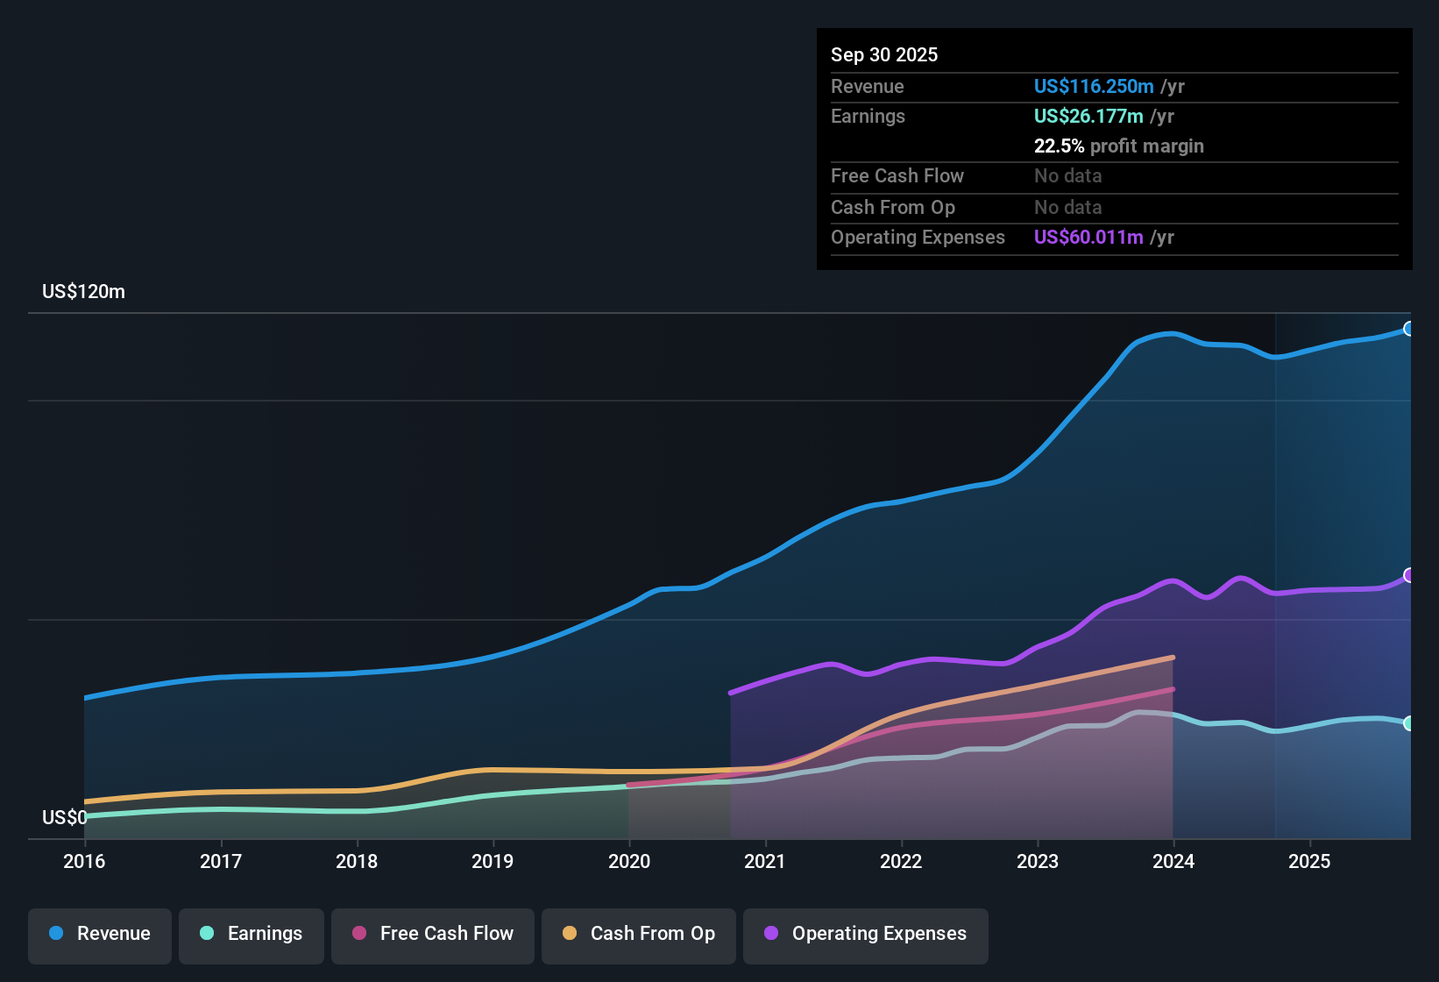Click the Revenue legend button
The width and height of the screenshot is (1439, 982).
100,934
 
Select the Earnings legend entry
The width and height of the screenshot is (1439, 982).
252,934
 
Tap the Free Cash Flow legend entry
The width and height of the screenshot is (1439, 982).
433,934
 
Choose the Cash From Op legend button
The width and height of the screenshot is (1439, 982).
639,934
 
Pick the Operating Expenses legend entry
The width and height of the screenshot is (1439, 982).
866,934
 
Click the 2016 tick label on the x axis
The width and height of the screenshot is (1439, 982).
84,862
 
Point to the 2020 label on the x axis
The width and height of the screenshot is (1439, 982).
629,862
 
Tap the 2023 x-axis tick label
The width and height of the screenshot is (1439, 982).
1038,862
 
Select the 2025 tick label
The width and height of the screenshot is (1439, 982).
1309,862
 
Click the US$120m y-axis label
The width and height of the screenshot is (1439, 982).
83,292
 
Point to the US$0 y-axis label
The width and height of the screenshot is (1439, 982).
64,818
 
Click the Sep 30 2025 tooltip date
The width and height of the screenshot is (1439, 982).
884,55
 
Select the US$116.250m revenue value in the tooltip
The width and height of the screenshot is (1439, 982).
1093,87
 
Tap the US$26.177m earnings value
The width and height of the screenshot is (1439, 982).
1088,117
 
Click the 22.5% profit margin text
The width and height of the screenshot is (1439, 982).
1118,146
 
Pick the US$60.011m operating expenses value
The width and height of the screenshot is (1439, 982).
1088,238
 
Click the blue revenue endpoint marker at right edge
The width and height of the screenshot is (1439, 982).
1408,329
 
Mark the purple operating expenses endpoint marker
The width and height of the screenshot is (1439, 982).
1408,575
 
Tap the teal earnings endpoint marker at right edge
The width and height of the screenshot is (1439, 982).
1408,723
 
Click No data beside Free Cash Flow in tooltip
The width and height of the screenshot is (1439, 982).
1067,176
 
